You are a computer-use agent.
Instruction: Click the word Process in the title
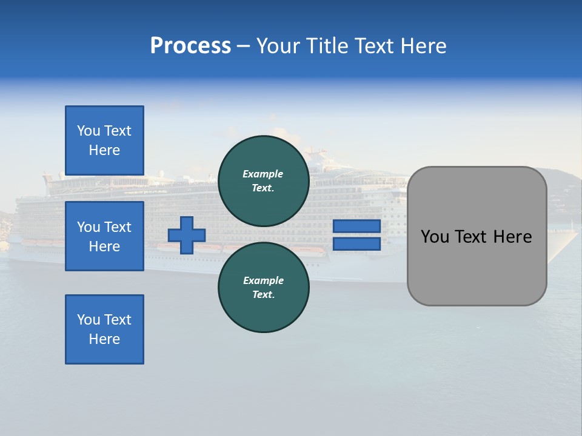[x=190, y=46]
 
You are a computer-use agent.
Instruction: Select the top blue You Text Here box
[x=104, y=140]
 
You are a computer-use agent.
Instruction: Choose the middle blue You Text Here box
[x=104, y=236]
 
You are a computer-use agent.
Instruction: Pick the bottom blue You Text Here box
[x=104, y=329]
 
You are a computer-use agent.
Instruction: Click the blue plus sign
[x=187, y=236]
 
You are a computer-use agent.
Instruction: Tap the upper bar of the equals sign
[x=357, y=226]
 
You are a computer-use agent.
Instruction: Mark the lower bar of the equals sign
[x=357, y=244]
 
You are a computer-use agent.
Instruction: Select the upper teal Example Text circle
[x=263, y=180]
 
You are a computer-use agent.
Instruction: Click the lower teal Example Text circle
[x=263, y=287]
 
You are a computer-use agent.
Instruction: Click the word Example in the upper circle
[x=263, y=174]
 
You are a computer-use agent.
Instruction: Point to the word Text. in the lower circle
[x=263, y=295]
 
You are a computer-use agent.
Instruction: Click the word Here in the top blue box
[x=104, y=150]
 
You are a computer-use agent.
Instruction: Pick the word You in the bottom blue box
[x=89, y=320]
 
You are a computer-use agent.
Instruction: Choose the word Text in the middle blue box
[x=118, y=227]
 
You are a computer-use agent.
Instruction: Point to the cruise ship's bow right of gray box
[x=561, y=245]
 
